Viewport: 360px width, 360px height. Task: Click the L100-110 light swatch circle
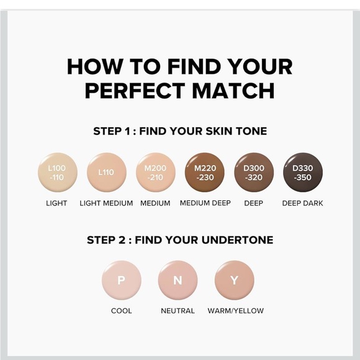click(x=57, y=172)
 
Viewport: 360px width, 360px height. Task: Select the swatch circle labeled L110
click(x=107, y=172)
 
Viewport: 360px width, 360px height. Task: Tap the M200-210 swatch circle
click(x=156, y=172)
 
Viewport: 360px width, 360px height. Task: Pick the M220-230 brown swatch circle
click(x=205, y=172)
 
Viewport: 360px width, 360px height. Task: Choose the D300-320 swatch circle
click(x=254, y=172)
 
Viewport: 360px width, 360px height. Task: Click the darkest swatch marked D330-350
click(x=303, y=172)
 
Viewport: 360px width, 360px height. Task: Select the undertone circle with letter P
click(x=122, y=280)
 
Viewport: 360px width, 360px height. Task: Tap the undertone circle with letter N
click(x=178, y=280)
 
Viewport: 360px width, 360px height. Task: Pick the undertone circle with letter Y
click(x=235, y=280)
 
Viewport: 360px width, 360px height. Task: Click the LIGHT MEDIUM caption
click(x=106, y=203)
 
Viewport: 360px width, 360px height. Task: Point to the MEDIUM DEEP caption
click(x=205, y=203)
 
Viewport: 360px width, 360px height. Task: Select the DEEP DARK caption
click(x=303, y=203)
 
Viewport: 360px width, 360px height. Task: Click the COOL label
click(x=122, y=311)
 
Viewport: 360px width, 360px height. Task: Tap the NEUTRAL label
click(x=178, y=311)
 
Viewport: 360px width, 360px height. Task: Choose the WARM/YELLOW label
click(x=236, y=311)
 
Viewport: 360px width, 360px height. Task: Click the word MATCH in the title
click(x=233, y=91)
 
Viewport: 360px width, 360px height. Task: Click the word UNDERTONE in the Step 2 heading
click(x=237, y=240)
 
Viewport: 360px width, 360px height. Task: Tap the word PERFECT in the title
click(x=135, y=91)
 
